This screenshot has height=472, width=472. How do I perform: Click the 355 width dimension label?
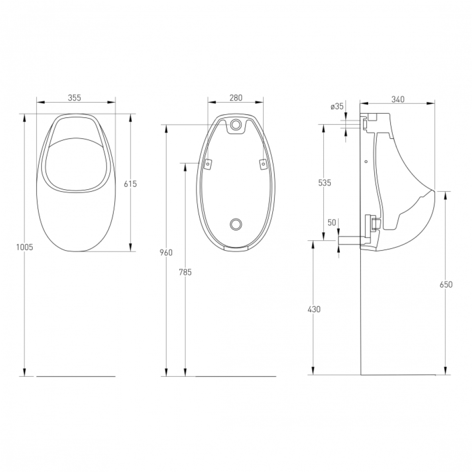(75, 98)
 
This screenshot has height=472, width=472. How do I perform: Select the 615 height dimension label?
(130, 184)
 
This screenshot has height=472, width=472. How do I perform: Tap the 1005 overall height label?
(25, 247)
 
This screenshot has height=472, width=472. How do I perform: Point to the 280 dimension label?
(236, 98)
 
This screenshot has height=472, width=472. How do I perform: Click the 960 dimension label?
(167, 253)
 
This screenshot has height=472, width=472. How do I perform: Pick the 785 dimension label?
(185, 272)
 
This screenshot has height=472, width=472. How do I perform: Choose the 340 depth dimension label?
(398, 99)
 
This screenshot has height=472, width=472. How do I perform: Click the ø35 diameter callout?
(337, 106)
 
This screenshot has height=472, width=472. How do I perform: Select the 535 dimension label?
(325, 183)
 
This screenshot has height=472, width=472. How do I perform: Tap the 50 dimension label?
(332, 223)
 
